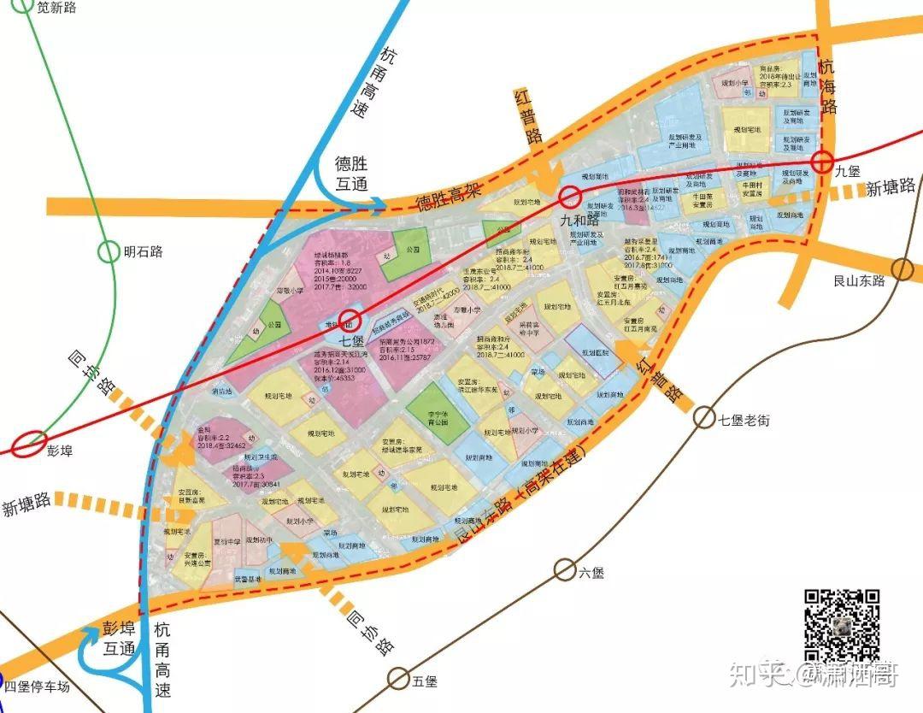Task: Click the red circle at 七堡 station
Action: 348,321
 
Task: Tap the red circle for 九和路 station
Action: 569,199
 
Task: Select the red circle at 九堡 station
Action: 823,161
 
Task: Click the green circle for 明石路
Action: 109,251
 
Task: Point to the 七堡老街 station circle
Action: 703,417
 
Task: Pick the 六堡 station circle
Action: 564,569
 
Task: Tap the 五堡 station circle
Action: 397,679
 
